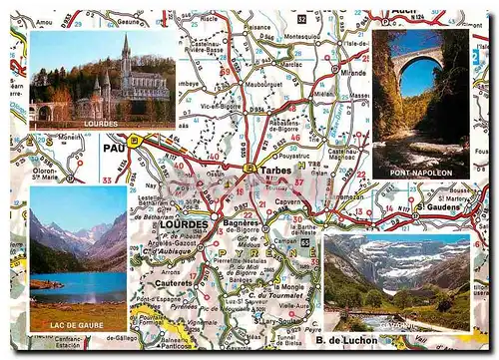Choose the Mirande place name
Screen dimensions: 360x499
point(354,73)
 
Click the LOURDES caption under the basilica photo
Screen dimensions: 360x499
point(102,122)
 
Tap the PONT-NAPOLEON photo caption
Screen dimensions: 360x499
point(420,174)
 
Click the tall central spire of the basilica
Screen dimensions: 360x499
point(125,50)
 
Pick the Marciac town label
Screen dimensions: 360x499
point(292,68)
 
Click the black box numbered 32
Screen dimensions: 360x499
point(301,18)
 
